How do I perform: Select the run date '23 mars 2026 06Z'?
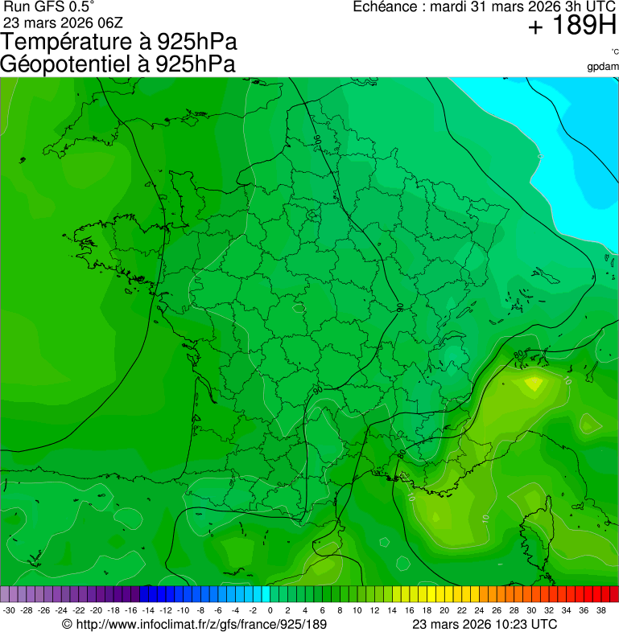63,22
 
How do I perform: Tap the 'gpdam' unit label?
603,66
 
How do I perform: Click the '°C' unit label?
614,51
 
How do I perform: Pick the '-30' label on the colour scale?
9,610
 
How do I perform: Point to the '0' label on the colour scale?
270,610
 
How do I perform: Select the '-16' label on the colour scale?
131,610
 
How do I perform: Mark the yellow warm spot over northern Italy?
533,384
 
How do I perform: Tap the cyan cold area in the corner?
555,121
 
